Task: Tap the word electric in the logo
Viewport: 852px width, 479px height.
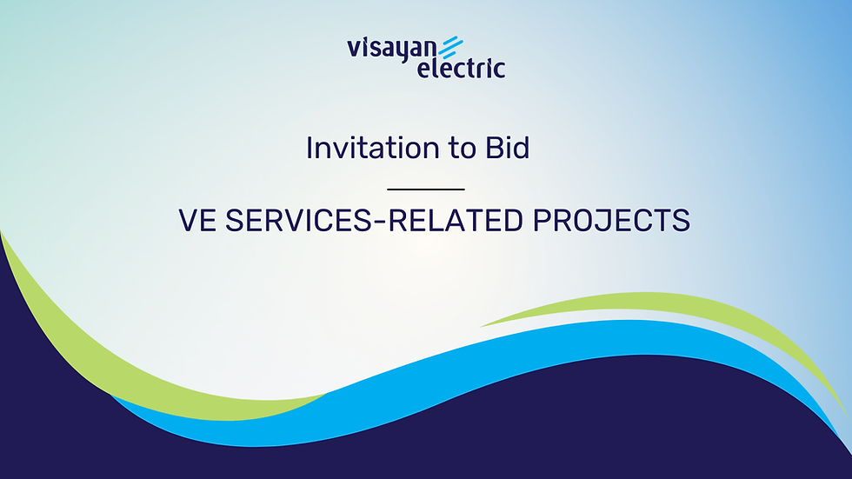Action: [x=461, y=69]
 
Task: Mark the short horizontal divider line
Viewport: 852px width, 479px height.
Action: [x=426, y=189]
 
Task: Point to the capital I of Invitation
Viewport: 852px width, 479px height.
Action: [x=310, y=149]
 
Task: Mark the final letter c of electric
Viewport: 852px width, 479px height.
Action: [x=499, y=70]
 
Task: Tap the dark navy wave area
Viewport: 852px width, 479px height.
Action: [x=435, y=435]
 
